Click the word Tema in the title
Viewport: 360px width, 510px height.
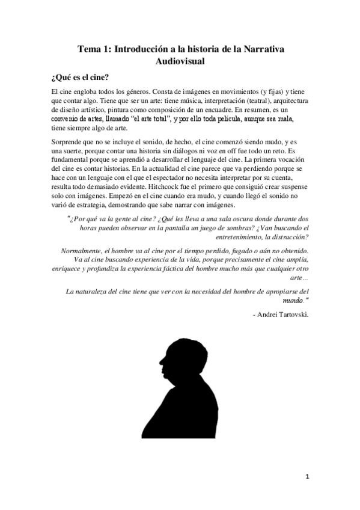click(x=90, y=51)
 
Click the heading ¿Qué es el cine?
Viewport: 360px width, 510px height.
click(x=79, y=77)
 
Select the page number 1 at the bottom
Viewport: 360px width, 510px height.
click(x=307, y=478)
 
